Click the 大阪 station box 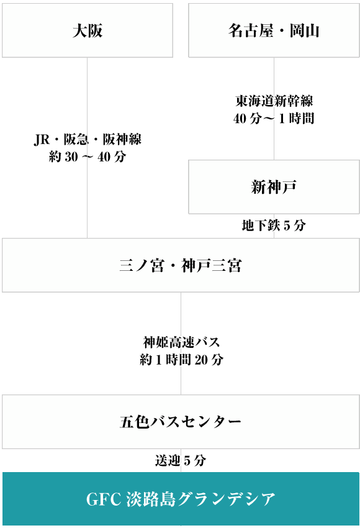88,30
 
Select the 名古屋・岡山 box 274,30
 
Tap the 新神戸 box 274,187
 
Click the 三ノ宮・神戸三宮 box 181,265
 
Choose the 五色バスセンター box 181,422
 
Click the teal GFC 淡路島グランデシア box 181,499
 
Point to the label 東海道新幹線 274,101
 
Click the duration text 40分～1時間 274,119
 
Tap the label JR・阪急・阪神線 88,139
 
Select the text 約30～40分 88,157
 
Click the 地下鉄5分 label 274,225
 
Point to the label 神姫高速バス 181,342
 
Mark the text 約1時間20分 181,360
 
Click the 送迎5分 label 181,460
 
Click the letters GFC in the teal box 104,499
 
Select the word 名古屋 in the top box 251,30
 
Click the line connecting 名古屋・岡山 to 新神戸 274,109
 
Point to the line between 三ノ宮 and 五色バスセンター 181,344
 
